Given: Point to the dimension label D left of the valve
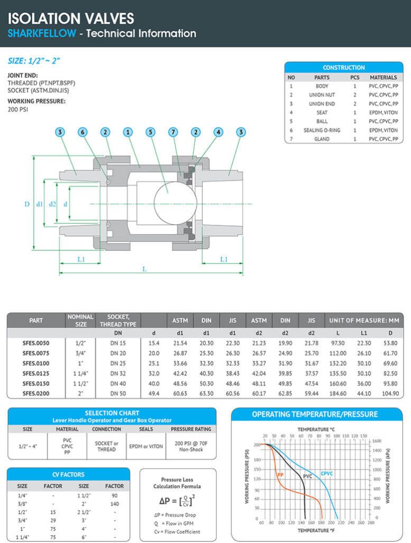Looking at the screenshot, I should pyautogui.click(x=27, y=204).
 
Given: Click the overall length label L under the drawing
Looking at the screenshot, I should pyautogui.click(x=144, y=269).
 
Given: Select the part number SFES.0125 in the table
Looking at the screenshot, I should pyautogui.click(x=36, y=374).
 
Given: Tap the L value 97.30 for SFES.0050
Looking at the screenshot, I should pyautogui.click(x=338, y=343).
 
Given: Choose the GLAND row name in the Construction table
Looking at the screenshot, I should pyautogui.click(x=321, y=139).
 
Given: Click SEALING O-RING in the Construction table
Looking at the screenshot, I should pyautogui.click(x=321, y=130).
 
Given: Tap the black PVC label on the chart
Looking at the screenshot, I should pyautogui.click(x=307, y=476).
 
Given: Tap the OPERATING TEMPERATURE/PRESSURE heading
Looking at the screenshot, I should pyautogui.click(x=315, y=414).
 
